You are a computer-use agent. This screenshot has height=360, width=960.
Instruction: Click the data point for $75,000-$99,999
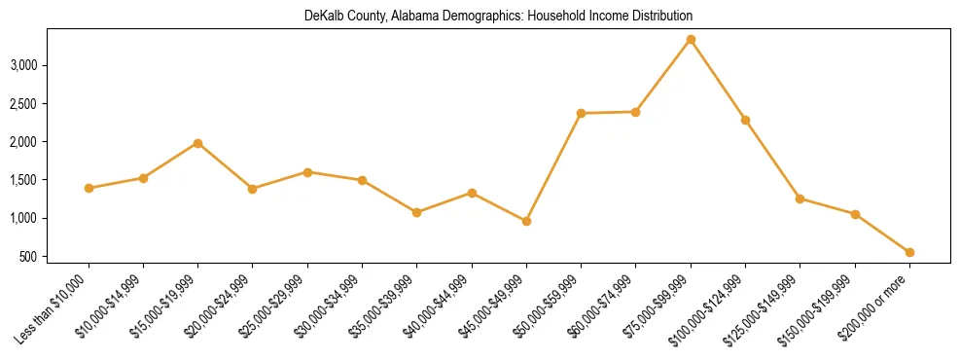click(x=691, y=40)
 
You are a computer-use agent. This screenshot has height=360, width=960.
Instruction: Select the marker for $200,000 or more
click(x=909, y=252)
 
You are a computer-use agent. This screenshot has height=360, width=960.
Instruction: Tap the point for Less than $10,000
click(x=89, y=188)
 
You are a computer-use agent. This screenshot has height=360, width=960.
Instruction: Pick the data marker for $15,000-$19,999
click(x=197, y=143)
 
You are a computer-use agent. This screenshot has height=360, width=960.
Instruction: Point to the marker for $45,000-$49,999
click(x=526, y=221)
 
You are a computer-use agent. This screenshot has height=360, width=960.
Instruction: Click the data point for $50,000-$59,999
click(x=581, y=114)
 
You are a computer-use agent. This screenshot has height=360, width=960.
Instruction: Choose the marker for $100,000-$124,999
click(x=745, y=120)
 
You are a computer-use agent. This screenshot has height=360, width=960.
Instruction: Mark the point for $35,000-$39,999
click(x=416, y=212)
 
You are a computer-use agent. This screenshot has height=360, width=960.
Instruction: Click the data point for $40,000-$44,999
click(x=472, y=193)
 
